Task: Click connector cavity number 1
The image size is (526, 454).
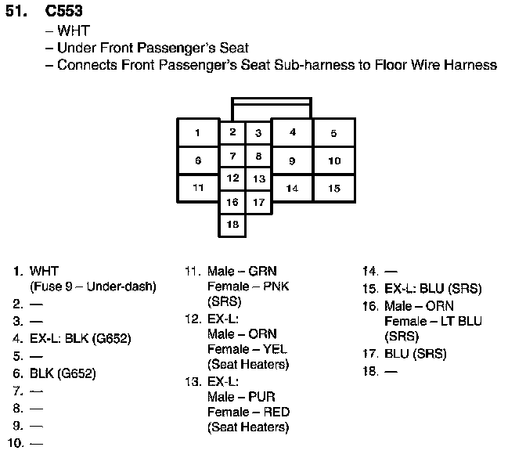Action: pos(198,132)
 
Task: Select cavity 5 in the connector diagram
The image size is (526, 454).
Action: pos(333,133)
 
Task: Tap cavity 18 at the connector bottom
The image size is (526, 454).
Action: pos(232,225)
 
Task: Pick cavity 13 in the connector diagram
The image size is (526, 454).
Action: pos(258,179)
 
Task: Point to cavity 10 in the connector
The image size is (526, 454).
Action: pos(334,160)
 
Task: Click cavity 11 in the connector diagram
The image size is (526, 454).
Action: pos(198,188)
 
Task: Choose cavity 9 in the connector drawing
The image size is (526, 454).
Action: pos(292,160)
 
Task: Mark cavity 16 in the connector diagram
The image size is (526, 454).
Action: pos(232,202)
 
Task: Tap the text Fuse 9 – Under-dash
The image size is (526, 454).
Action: pos(92,286)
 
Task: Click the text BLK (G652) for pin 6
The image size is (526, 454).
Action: pos(63,374)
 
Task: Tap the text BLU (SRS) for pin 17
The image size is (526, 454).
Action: pos(415,354)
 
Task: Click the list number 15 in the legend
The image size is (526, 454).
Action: pos(370,289)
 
